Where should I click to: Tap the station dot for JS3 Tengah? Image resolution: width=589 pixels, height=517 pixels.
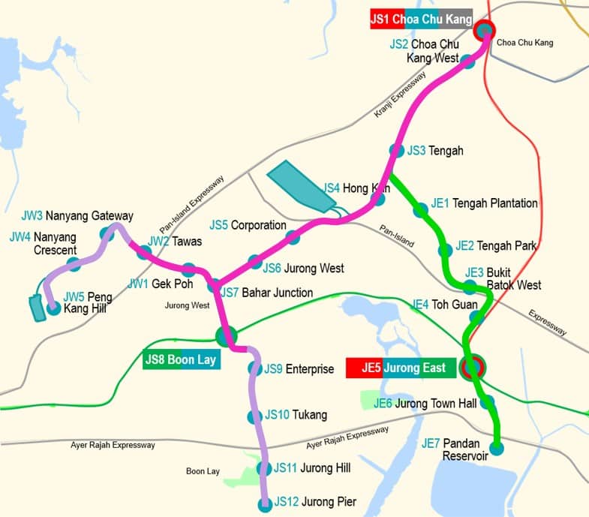pos(395,150)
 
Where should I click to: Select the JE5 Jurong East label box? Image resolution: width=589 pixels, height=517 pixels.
pos(401,368)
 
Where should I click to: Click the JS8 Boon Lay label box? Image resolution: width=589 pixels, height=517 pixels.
pos(180,359)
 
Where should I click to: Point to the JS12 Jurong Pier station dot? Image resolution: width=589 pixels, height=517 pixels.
pos(264,505)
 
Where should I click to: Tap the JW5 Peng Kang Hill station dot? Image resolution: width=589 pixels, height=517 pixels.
pos(53,307)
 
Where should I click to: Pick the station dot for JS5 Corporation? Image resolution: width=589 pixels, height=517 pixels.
pos(293,237)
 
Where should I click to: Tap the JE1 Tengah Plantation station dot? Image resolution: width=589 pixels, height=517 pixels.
pos(421,212)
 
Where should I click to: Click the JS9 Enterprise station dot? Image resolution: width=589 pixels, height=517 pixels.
pos(254,368)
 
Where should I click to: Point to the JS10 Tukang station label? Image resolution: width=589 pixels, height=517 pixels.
pos(296,415)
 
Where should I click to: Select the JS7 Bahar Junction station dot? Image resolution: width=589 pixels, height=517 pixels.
pos(215,286)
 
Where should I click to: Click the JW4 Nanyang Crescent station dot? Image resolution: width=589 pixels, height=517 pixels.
pos(74,263)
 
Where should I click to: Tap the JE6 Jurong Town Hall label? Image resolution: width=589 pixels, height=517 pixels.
pos(425,404)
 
